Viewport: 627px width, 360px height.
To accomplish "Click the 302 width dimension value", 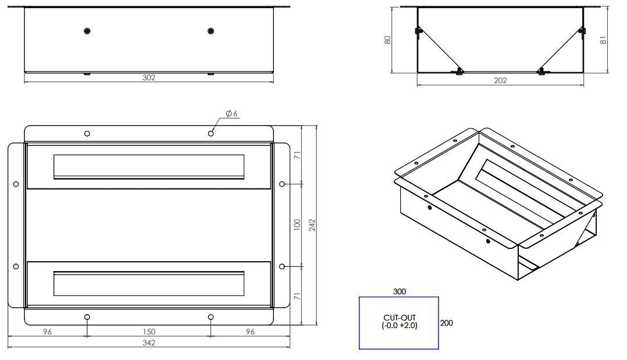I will pos(149,77).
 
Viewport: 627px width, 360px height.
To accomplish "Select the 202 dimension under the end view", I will pos(500,81).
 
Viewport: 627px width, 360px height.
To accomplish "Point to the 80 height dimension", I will pos(387,40).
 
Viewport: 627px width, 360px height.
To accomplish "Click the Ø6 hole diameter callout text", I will pos(231,113).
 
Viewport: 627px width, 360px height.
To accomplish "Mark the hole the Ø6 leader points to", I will pos(211,133).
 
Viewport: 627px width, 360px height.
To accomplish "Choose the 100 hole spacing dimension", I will pos(297,224).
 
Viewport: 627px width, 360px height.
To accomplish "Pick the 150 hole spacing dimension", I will pos(149,332).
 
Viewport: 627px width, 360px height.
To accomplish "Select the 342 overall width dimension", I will pos(149,344).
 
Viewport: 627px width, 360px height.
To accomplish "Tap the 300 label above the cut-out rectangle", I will pos(399,291).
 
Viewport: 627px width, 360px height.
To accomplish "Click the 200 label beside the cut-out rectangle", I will pos(447,323).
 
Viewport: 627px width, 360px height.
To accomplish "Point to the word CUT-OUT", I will pos(399,318).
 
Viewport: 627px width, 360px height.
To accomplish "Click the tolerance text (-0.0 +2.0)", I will pos(399,326).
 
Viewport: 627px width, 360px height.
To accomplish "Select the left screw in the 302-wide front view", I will pos(87,31).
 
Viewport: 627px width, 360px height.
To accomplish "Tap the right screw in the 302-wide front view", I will pos(211,31).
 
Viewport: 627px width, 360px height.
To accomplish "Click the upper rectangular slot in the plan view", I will pos(149,167).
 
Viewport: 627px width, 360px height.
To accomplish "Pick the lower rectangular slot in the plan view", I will pos(149,284).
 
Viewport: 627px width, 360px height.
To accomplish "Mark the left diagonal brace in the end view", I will pos(440,49).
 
